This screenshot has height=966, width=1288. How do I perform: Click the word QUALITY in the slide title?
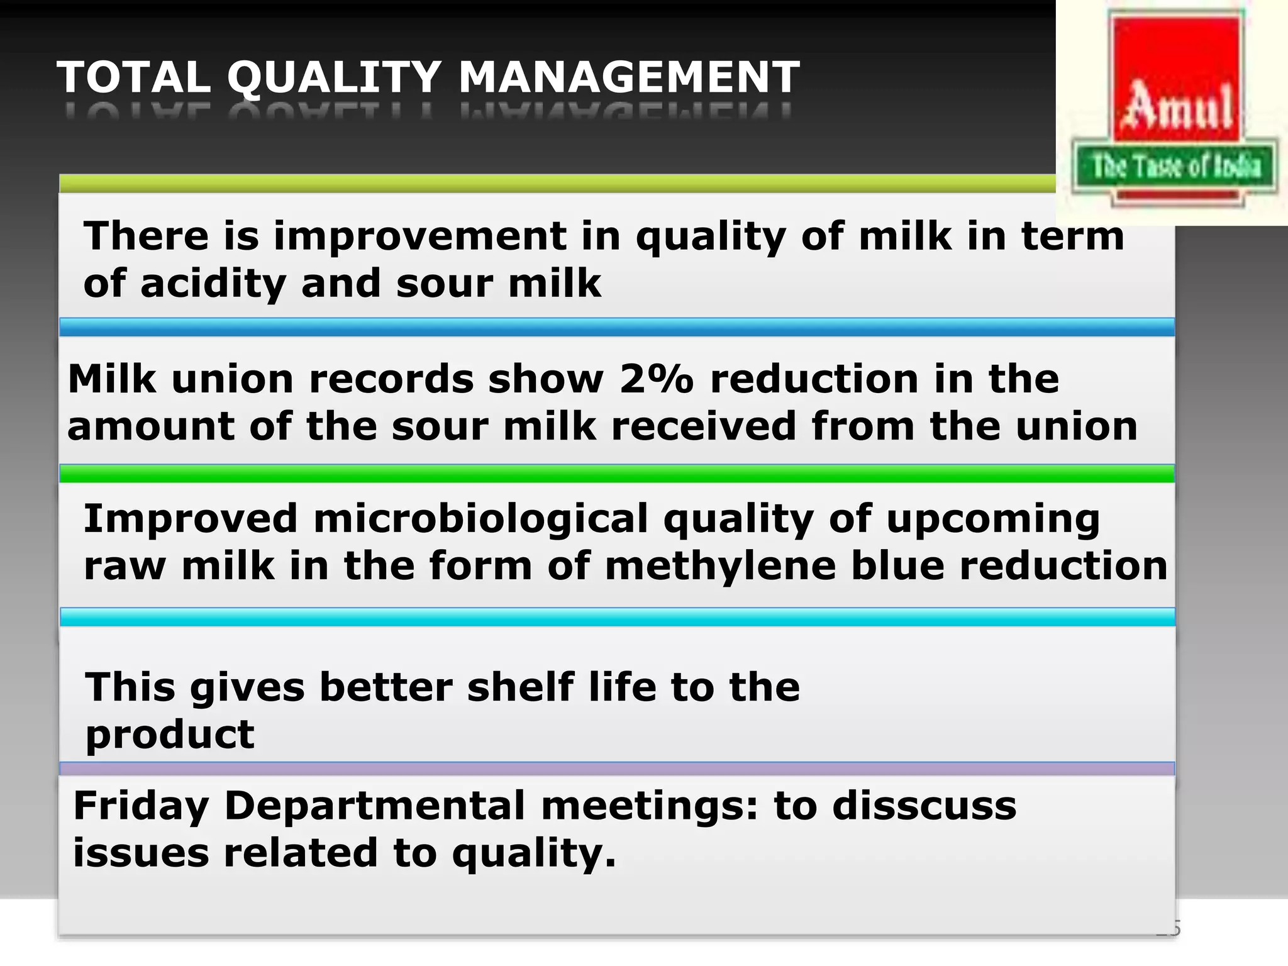point(334,78)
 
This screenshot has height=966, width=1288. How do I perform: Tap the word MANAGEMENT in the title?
point(629,78)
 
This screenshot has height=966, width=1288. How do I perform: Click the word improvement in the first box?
point(419,236)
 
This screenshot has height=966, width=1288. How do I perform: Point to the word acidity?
point(213,284)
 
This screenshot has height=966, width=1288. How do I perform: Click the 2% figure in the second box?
point(656,379)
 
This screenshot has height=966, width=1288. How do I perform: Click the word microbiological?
point(480,519)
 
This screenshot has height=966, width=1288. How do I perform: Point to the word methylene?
point(720,566)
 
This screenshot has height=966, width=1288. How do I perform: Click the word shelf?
point(520,687)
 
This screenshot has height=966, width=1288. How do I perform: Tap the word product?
point(170,734)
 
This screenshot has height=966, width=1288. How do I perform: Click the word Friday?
point(141,806)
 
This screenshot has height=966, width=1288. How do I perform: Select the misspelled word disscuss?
point(924,806)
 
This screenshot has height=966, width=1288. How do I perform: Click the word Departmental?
point(374,806)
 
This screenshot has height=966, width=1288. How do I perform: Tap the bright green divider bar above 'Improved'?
point(616,474)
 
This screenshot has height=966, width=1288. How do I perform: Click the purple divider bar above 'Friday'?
point(616,769)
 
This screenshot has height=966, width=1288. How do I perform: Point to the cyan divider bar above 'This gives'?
point(616,617)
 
